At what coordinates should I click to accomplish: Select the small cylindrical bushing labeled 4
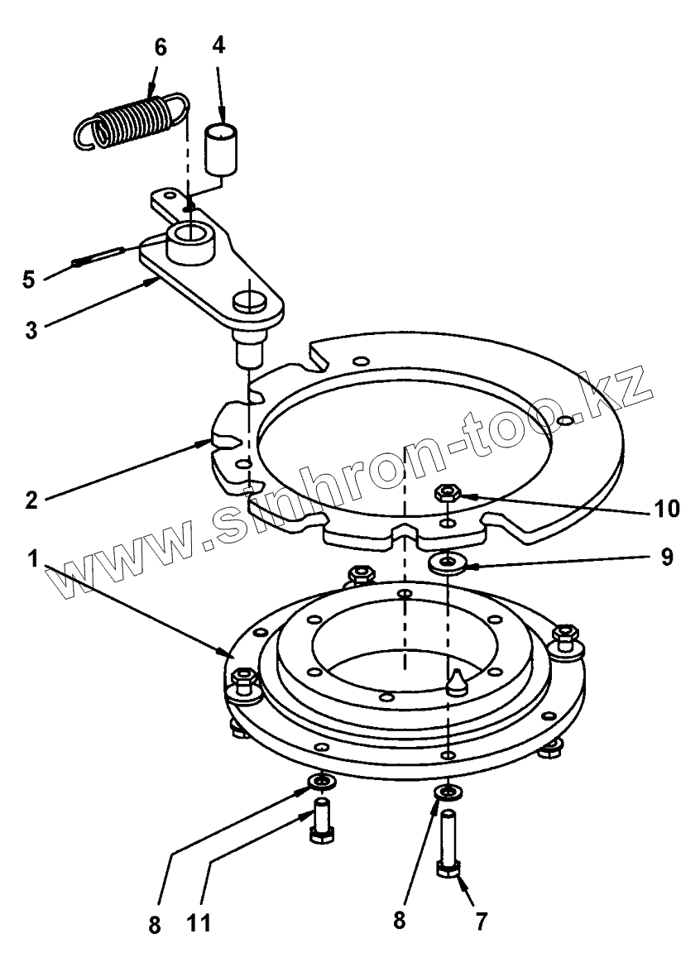point(222,149)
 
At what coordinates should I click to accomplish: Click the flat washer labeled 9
point(448,562)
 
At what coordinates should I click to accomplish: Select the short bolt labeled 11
point(322,821)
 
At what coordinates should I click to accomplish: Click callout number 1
point(32,559)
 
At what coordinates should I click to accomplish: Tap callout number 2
point(31,500)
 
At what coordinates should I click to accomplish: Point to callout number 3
point(31,330)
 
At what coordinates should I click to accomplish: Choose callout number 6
point(161,47)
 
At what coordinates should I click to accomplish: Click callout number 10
point(666,509)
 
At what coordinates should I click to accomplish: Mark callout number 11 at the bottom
point(198,922)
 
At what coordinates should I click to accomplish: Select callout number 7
point(482,921)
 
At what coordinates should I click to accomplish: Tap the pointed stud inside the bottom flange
point(457,682)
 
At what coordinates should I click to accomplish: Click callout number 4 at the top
point(219,45)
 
